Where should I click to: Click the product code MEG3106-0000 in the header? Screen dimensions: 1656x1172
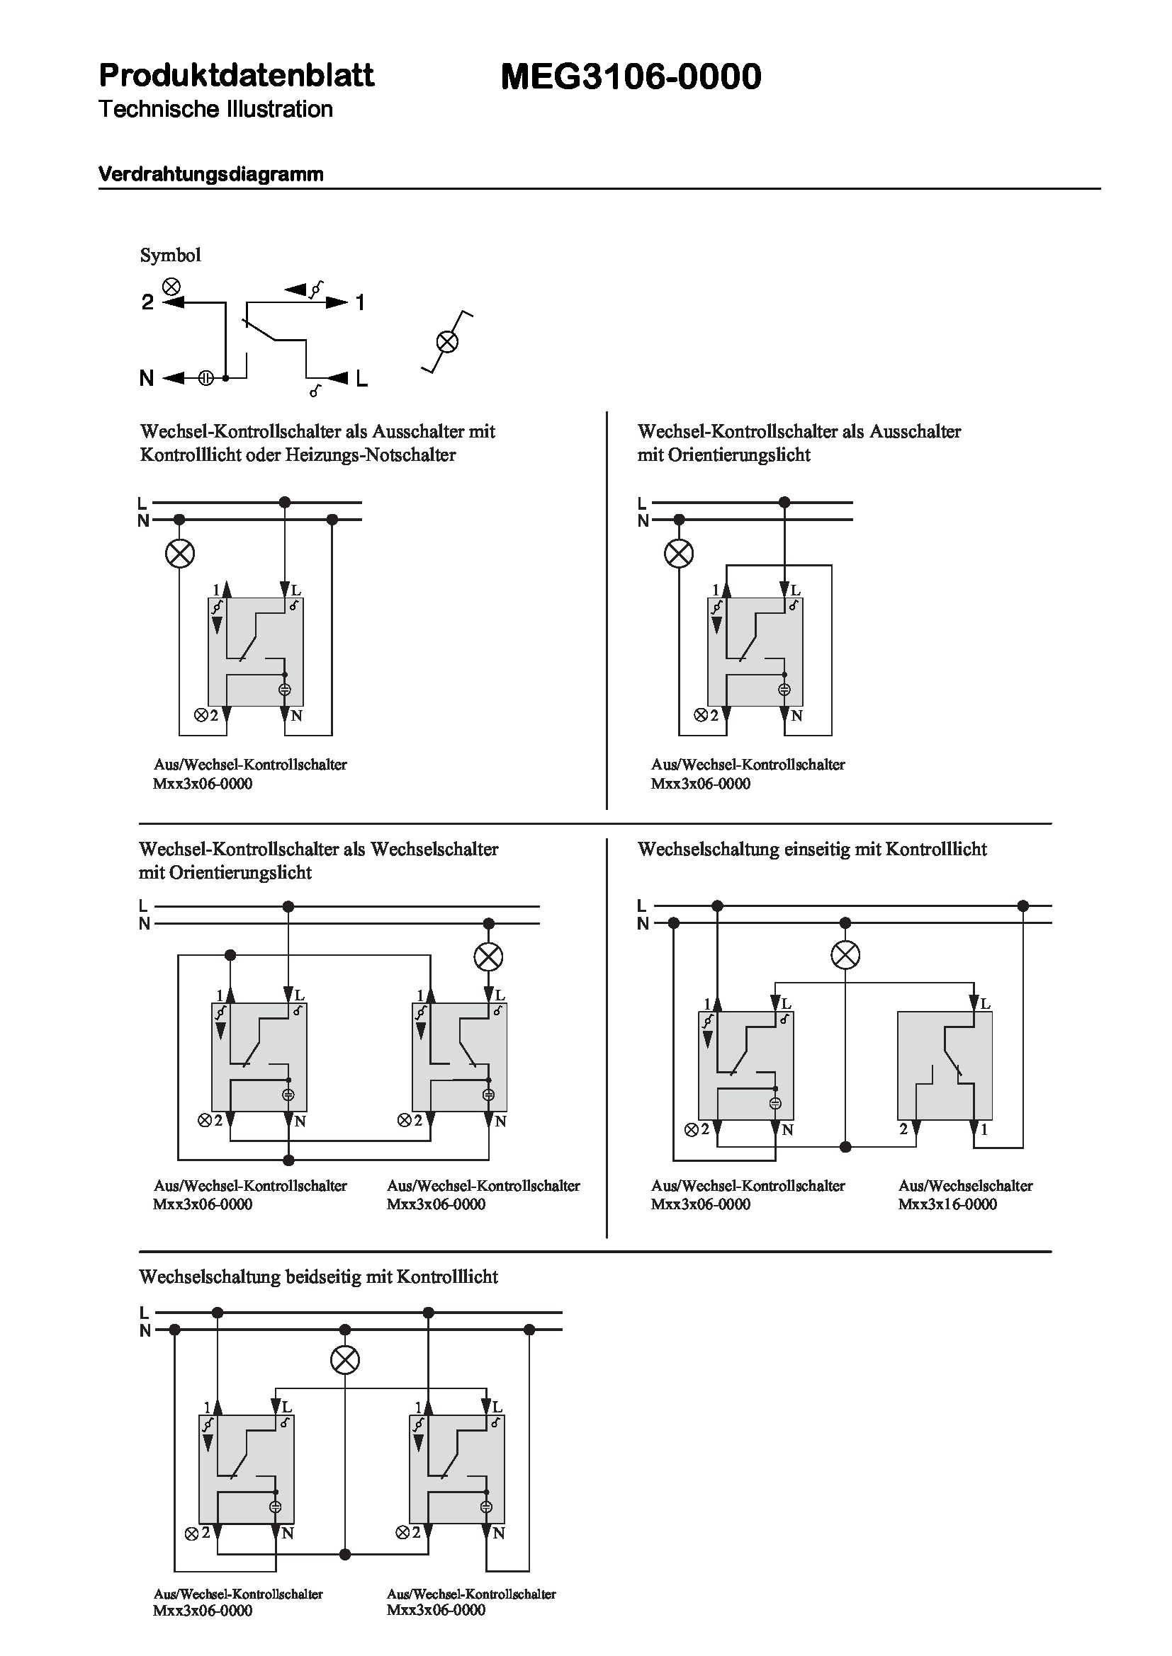[x=631, y=76]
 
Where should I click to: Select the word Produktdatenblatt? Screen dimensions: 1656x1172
[x=237, y=75]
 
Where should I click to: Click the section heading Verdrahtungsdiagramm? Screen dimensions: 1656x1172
[x=210, y=174]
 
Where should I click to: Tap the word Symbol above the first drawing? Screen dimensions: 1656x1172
[x=170, y=255]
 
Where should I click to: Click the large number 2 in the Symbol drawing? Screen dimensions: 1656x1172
[x=147, y=302]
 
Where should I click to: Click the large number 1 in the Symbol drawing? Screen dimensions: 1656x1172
[x=360, y=302]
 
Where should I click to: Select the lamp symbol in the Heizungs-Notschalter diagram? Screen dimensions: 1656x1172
[x=180, y=553]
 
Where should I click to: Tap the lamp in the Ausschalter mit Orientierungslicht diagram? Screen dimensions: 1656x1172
[x=678, y=553]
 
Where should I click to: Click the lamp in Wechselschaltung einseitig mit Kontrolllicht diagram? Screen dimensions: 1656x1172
[x=845, y=956]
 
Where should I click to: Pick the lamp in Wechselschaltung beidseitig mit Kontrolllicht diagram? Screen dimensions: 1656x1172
[x=345, y=1360]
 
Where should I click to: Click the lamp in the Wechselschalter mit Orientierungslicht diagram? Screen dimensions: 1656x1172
[x=489, y=957]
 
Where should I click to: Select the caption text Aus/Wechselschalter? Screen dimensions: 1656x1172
[x=965, y=1186]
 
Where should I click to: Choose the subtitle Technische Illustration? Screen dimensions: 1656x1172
[x=215, y=110]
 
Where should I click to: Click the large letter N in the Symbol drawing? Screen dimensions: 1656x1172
[x=147, y=378]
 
